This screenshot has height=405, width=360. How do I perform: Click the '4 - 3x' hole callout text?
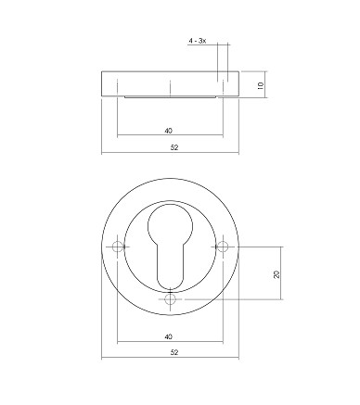point(198,41)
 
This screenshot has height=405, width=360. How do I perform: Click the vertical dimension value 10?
point(261,85)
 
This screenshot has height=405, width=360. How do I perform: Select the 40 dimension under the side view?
point(168,131)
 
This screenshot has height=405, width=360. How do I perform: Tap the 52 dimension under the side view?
point(174,147)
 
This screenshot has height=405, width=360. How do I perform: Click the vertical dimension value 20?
point(276,274)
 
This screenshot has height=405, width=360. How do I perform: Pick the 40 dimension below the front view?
point(168,336)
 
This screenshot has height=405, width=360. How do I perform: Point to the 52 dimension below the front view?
point(174,352)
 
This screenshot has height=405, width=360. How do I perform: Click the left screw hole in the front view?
point(118,247)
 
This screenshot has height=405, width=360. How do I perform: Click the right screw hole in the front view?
point(223,247)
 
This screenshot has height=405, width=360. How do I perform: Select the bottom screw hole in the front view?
point(170,299)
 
